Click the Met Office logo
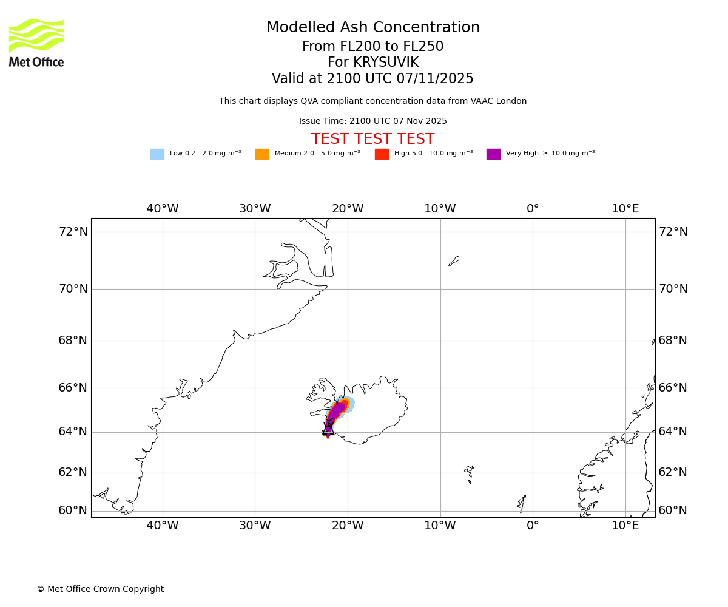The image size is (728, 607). click(x=36, y=42)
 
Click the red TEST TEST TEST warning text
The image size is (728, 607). click(x=372, y=139)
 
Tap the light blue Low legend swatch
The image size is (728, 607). click(x=157, y=154)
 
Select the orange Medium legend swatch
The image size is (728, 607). click(x=262, y=154)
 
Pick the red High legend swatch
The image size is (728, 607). click(x=382, y=154)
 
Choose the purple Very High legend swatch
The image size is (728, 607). click(x=493, y=154)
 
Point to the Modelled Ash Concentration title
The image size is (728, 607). click(x=372, y=27)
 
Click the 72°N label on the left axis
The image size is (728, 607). click(x=73, y=232)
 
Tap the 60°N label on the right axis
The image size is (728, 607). click(x=673, y=510)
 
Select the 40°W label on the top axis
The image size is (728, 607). click(x=163, y=209)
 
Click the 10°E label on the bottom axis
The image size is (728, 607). click(x=625, y=526)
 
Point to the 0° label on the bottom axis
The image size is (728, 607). click(x=533, y=526)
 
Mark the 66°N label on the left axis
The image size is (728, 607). click(x=73, y=388)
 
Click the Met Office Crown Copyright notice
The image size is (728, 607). click(x=100, y=589)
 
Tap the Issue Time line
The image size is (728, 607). click(x=372, y=121)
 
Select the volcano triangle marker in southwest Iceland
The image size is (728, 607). click(x=328, y=430)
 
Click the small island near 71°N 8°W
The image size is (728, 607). click(x=454, y=261)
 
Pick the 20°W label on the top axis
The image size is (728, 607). click(x=348, y=209)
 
